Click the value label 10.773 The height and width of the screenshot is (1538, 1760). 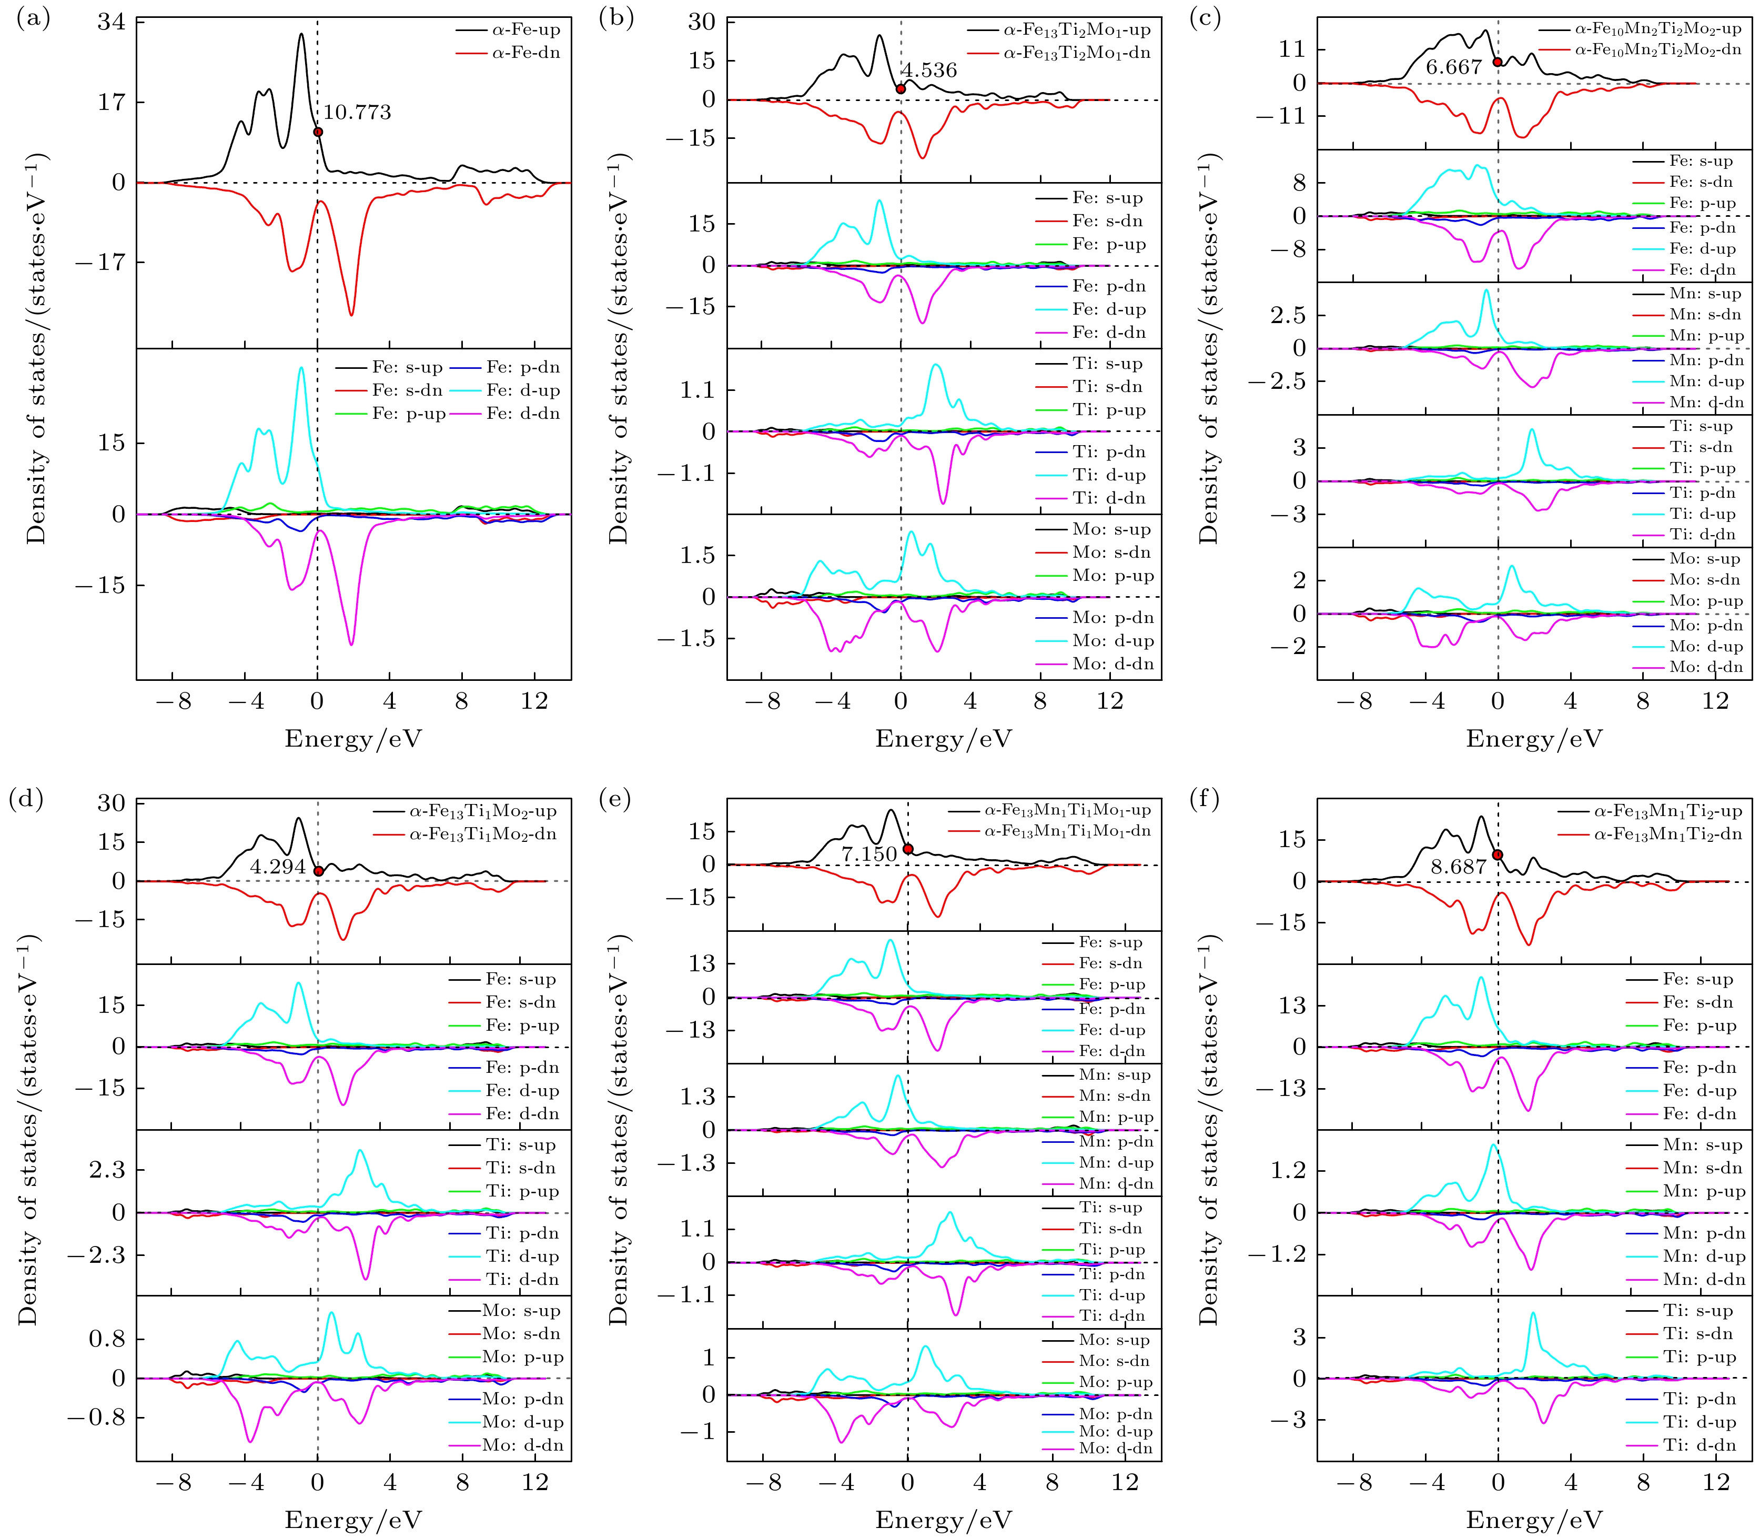pos(357,113)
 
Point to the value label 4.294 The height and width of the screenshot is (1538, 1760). pos(278,867)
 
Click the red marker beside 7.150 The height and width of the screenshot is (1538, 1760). pos(908,849)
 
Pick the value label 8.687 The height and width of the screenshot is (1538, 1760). pos(1458,867)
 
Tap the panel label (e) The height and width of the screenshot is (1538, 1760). pos(614,800)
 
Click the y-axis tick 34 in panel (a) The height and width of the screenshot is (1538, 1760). pos(110,22)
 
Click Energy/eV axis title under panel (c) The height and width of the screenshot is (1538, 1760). pos(1534,739)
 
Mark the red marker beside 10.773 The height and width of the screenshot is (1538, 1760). pos(318,132)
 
